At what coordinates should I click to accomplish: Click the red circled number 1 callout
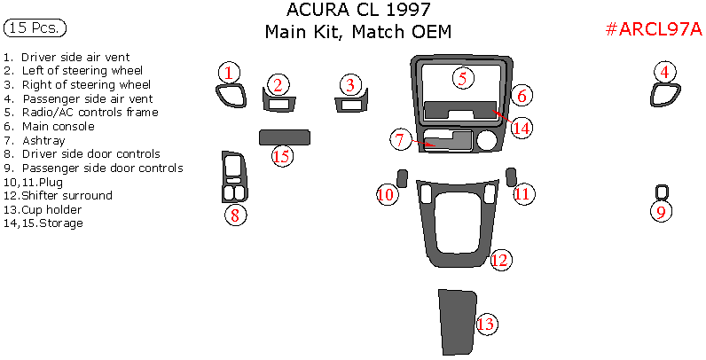coord(229,73)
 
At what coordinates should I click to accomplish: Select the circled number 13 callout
coord(486,325)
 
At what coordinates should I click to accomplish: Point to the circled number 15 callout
coord(282,157)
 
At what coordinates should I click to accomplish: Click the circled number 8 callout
coord(235,215)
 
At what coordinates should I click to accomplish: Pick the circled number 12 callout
coord(500,260)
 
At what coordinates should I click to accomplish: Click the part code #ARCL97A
coord(653,30)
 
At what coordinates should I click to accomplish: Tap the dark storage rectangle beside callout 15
coord(288,137)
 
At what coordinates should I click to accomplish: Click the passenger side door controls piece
coord(660,192)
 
